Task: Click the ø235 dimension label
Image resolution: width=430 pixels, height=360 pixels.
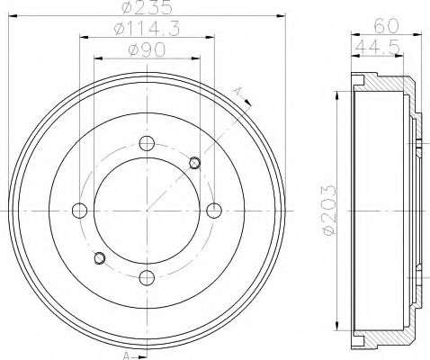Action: (148, 8)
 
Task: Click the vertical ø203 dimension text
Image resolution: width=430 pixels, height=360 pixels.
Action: (329, 209)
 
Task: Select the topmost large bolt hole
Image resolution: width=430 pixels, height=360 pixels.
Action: (147, 143)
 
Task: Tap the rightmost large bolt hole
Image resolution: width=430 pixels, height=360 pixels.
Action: (213, 211)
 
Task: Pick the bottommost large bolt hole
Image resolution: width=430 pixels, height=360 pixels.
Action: (147, 277)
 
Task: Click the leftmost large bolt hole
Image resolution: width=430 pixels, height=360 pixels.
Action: (79, 211)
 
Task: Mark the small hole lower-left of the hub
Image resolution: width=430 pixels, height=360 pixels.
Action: (99, 259)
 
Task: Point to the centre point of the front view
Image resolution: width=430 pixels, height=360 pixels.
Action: (147, 211)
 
